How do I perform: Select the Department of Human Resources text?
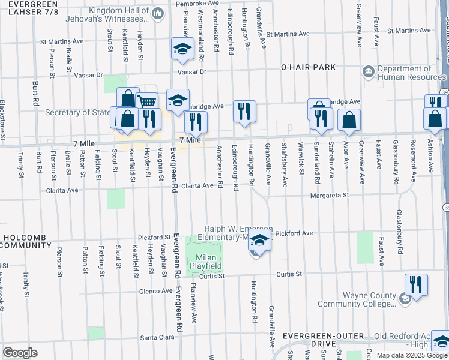411,73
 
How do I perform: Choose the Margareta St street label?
330,195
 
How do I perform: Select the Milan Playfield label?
206,261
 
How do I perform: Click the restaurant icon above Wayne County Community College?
416,284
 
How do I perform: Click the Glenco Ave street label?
155,291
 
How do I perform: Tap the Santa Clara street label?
157,338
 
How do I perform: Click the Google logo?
20,353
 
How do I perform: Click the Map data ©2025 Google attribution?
411,355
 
